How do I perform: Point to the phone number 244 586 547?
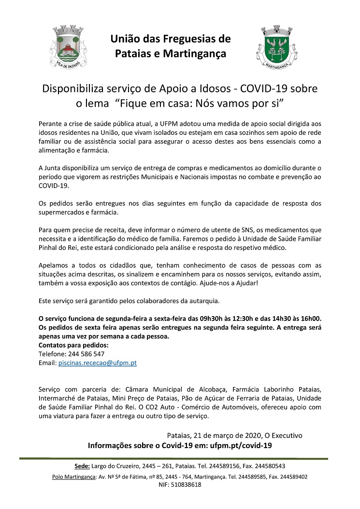coord(88,354)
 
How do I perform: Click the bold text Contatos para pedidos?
coord(73,345)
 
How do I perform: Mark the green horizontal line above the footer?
coord(174,458)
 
